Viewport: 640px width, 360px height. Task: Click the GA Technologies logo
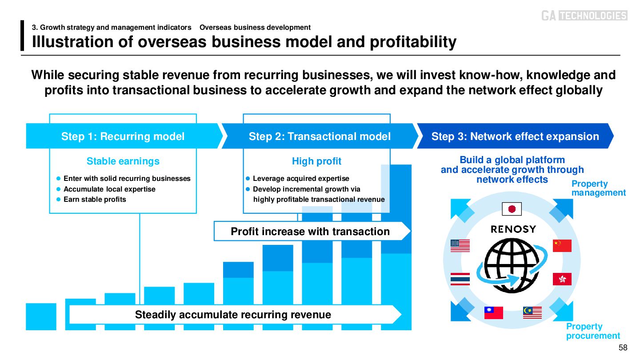pyautogui.click(x=584, y=16)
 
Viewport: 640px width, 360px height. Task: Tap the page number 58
pyautogui.click(x=623, y=348)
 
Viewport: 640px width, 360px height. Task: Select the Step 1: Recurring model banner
pyautogui.click(x=123, y=136)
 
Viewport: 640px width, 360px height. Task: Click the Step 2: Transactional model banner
pyautogui.click(x=320, y=136)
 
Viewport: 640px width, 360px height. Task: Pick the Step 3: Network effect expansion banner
pyautogui.click(x=515, y=136)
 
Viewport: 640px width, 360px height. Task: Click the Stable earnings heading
pyautogui.click(x=123, y=161)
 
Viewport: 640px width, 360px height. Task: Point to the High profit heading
pyautogui.click(x=316, y=161)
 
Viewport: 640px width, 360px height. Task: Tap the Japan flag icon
pyautogui.click(x=511, y=209)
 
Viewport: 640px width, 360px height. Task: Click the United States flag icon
pyautogui.click(x=460, y=246)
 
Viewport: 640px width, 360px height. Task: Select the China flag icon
pyautogui.click(x=562, y=246)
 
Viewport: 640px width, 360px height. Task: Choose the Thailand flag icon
pyautogui.click(x=460, y=279)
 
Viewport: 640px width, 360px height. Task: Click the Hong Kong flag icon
pyautogui.click(x=562, y=279)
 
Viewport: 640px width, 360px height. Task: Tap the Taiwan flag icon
pyautogui.click(x=493, y=313)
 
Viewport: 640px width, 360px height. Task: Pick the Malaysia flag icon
pyautogui.click(x=532, y=313)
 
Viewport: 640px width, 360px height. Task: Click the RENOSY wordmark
pyautogui.click(x=513, y=229)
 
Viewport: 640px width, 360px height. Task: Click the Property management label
pyautogui.click(x=598, y=188)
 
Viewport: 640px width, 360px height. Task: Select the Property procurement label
pyautogui.click(x=593, y=331)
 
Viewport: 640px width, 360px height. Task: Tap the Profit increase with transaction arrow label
pyautogui.click(x=310, y=232)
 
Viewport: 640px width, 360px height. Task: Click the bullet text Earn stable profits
pyautogui.click(x=95, y=200)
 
